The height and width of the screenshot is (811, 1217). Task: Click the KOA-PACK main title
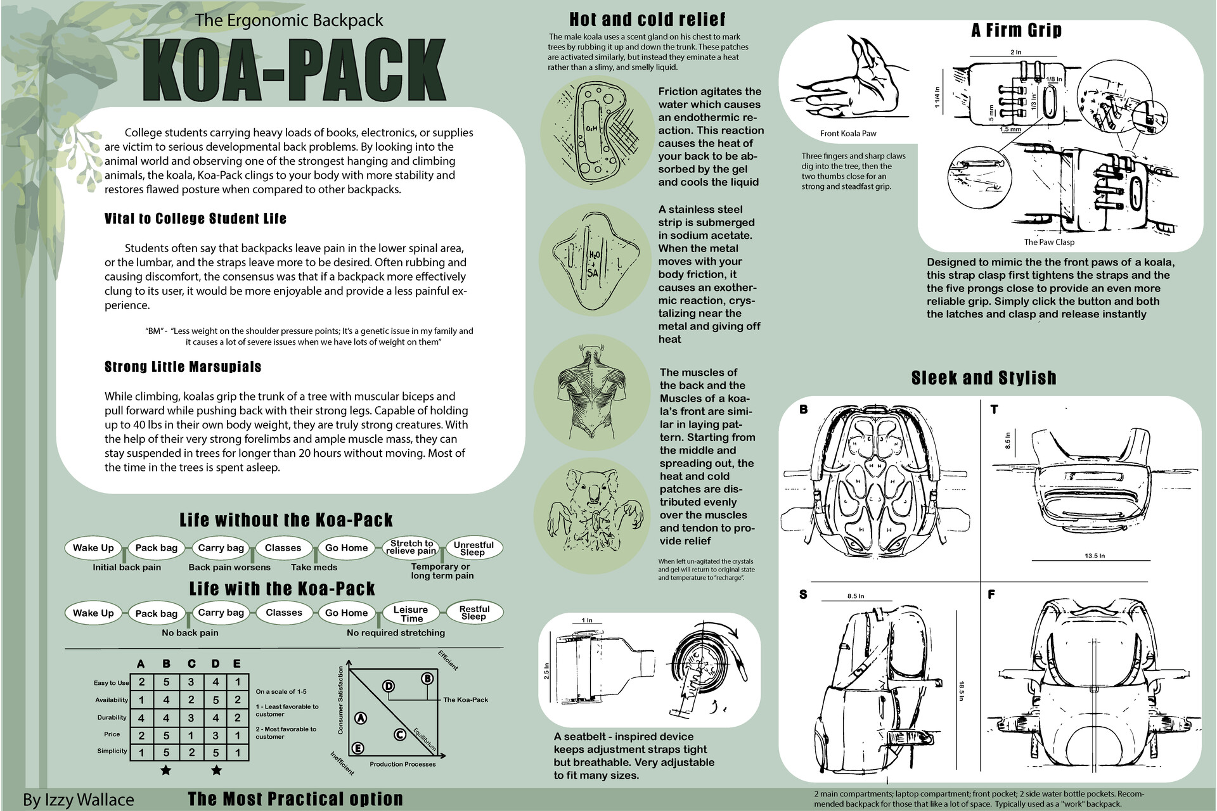pyautogui.click(x=293, y=70)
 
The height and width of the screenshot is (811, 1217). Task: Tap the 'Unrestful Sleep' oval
pyautogui.click(x=473, y=548)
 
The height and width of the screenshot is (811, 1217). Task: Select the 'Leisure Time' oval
pyautogui.click(x=411, y=613)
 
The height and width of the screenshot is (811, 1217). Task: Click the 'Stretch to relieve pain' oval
pyautogui.click(x=411, y=547)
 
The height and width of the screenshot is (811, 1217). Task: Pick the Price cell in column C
pyautogui.click(x=191, y=735)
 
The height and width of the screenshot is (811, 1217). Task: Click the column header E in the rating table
pyautogui.click(x=237, y=663)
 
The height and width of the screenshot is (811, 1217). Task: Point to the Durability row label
pyautogui.click(x=112, y=717)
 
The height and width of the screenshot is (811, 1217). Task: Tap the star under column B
pyautogui.click(x=165, y=770)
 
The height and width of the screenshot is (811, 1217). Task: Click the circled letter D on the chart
pyautogui.click(x=389, y=686)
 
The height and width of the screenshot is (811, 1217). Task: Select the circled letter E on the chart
pyautogui.click(x=357, y=748)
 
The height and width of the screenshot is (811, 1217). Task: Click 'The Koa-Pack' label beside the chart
pyautogui.click(x=465, y=699)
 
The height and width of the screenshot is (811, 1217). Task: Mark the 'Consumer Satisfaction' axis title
pyautogui.click(x=340, y=700)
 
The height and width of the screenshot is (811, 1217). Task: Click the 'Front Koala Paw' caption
pyautogui.click(x=848, y=133)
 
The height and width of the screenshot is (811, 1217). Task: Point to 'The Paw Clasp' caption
pyautogui.click(x=1049, y=242)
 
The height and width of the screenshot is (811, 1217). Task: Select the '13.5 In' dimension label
pyautogui.click(x=1095, y=556)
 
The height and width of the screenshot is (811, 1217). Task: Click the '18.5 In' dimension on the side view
pyautogui.click(x=962, y=691)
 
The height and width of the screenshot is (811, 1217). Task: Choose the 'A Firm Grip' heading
pyautogui.click(x=1016, y=30)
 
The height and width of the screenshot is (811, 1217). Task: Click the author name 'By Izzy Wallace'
pyautogui.click(x=79, y=800)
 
